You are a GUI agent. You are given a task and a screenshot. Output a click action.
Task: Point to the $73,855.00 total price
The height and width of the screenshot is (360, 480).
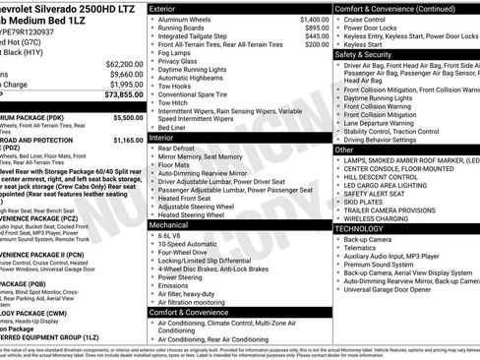point(117,95)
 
